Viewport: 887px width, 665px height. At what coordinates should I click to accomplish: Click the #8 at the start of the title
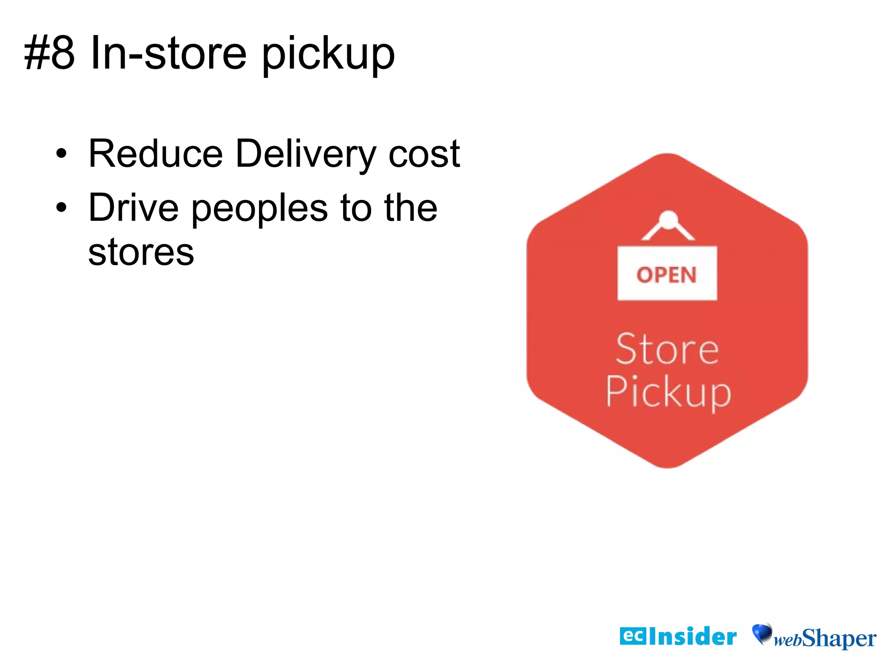pos(49,53)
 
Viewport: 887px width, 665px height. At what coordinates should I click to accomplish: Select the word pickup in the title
pos(328,55)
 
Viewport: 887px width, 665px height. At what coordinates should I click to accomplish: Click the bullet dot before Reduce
pos(62,154)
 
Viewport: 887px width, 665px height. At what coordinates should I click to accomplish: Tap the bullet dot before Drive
pos(62,208)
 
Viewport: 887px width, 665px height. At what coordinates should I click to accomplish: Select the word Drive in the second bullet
pos(133,208)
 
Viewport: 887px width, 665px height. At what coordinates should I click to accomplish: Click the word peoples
pos(259,210)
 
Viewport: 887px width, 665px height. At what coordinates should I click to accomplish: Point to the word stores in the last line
pos(141,252)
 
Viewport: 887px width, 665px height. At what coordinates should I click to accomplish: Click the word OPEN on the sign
pos(667,275)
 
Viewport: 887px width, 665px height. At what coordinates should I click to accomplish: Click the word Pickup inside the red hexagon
pos(668,392)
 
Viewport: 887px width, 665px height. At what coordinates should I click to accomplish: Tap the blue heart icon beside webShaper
pos(762,633)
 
